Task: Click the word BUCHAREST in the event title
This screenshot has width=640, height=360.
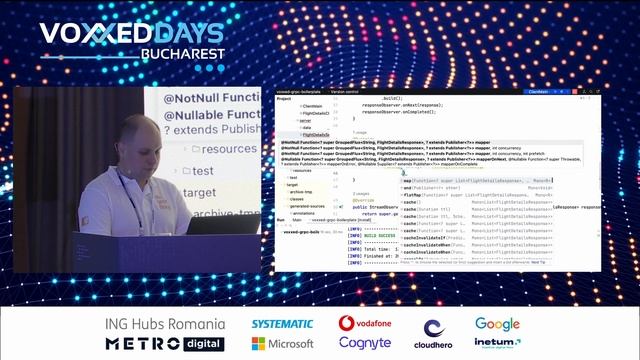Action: click(183, 53)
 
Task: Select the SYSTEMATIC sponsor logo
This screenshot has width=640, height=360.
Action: click(282, 324)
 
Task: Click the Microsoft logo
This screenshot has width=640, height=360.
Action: click(283, 344)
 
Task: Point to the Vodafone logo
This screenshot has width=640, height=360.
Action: click(364, 324)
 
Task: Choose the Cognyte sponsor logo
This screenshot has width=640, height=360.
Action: click(364, 344)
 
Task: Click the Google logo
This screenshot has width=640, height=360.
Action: click(497, 324)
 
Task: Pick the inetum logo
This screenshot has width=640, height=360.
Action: click(497, 344)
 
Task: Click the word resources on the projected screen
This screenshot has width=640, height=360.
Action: click(224, 149)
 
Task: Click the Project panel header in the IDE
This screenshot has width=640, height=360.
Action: click(284, 98)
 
